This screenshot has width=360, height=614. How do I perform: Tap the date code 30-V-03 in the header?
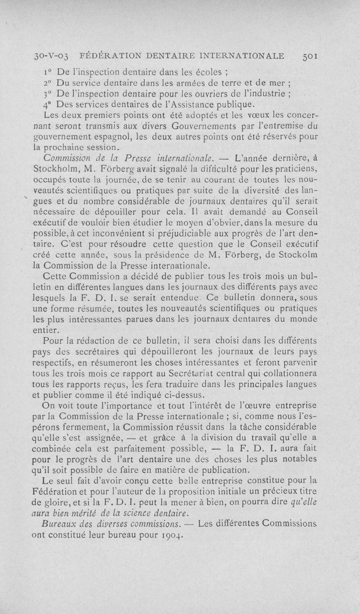click(x=52, y=57)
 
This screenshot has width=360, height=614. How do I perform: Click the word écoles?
click(x=216, y=71)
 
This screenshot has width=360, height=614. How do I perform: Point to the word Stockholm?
click(x=58, y=170)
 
